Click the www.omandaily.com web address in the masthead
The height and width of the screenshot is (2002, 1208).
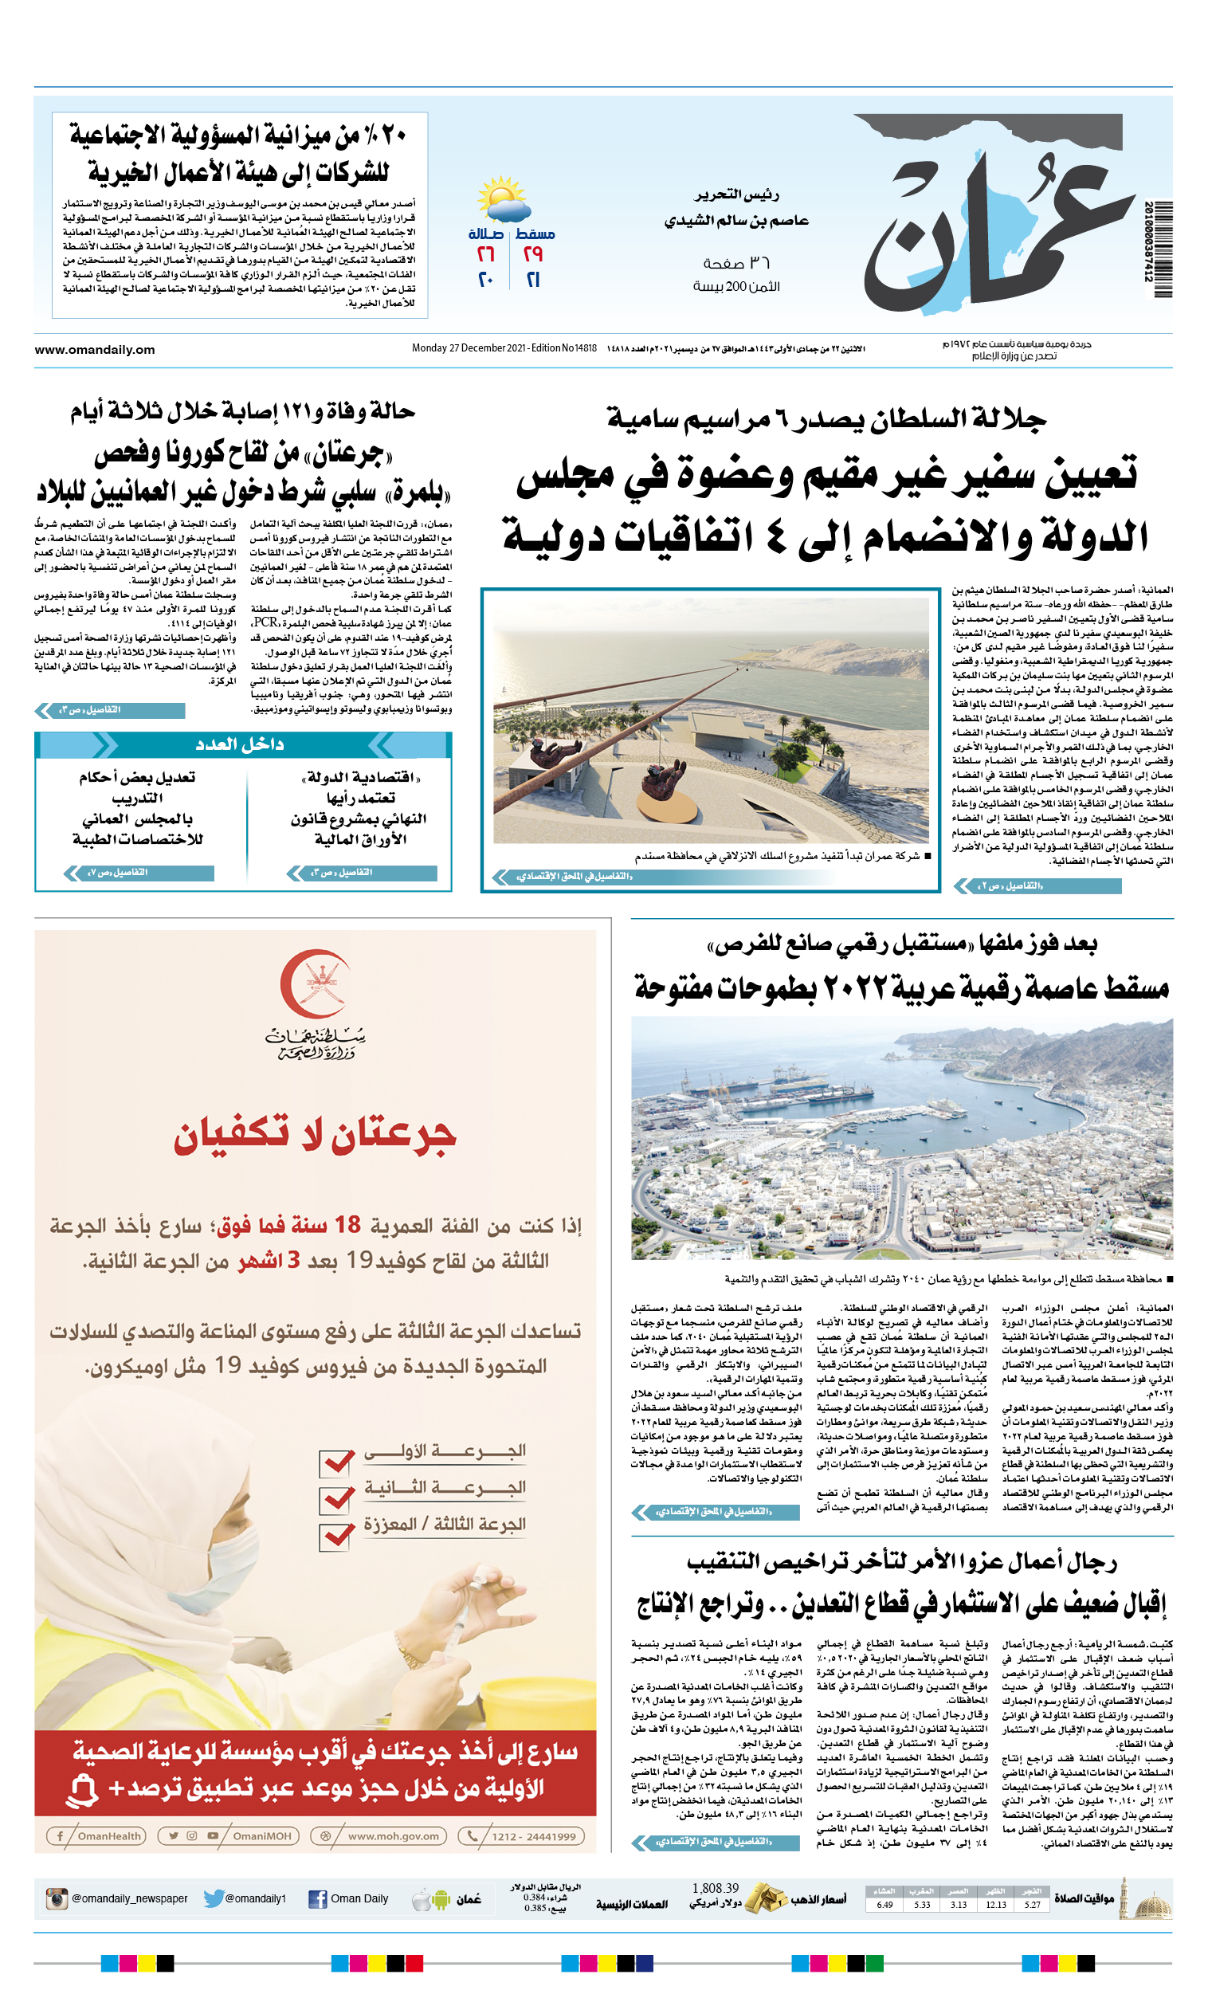click(x=94, y=350)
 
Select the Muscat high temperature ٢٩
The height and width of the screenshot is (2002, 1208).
click(x=533, y=254)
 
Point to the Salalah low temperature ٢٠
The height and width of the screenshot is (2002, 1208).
click(x=485, y=281)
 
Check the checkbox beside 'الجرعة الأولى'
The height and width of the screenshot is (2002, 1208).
click(x=336, y=1461)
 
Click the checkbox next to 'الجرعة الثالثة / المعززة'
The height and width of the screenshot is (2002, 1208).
click(x=336, y=1535)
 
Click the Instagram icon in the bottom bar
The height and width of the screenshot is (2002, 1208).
click(x=57, y=1899)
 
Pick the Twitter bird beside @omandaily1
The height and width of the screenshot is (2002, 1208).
click(x=214, y=1898)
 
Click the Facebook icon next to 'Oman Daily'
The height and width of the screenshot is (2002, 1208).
click(x=318, y=1899)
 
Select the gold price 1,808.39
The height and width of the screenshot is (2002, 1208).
click(x=715, y=1888)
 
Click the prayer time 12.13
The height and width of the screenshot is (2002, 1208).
click(x=996, y=1905)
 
